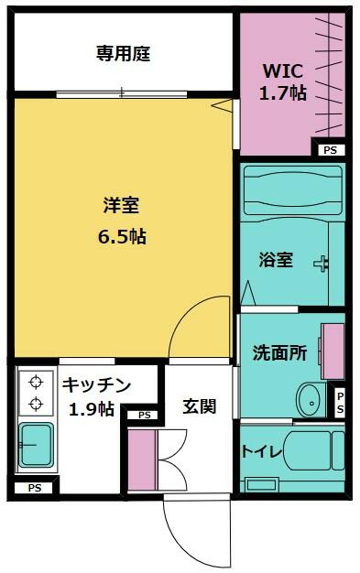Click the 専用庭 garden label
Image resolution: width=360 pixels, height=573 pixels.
tap(124, 53)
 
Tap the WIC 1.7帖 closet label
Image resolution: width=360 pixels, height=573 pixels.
tap(283, 81)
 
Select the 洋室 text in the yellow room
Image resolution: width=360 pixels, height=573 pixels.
tap(122, 205)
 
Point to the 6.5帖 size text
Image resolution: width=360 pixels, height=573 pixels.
tap(122, 237)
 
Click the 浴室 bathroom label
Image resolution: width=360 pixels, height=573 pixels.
tap(276, 260)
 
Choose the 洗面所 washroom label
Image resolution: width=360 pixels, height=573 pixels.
tap(279, 352)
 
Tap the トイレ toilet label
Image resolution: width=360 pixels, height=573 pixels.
tap(262, 452)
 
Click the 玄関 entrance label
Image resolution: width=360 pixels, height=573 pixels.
tap(200, 406)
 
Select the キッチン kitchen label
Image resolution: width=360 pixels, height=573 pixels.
tap(96, 384)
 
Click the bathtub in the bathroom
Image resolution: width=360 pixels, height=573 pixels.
tap(293, 190)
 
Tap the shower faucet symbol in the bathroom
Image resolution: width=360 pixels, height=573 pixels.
tap(321, 264)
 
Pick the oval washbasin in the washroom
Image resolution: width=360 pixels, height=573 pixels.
tap(311, 400)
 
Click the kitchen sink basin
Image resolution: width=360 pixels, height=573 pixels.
tap(37, 445)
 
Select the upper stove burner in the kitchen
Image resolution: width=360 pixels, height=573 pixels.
tap(36, 382)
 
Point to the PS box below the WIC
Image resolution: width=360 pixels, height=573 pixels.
tap(331, 150)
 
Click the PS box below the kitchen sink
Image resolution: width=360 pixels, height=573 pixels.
tap(35, 488)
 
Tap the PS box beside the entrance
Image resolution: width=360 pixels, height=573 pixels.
tap(145, 416)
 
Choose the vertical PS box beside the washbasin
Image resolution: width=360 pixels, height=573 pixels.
tap(340, 403)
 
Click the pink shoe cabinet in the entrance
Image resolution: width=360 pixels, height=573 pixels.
tap(143, 459)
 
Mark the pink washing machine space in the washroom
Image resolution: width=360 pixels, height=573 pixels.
tap(333, 351)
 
